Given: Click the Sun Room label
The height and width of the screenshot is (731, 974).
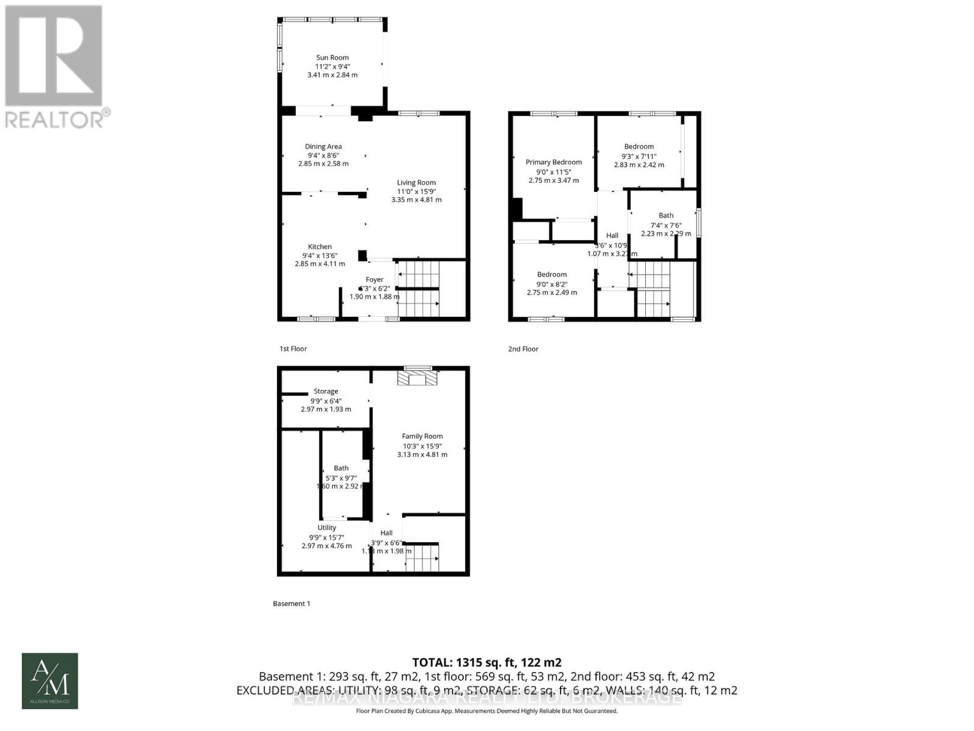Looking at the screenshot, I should click(332, 58).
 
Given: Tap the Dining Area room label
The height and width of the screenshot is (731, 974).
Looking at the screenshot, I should click(323, 146).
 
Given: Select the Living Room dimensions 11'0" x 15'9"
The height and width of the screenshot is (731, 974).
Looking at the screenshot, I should click(416, 191).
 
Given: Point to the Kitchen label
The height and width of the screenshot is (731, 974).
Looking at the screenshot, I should click(320, 247).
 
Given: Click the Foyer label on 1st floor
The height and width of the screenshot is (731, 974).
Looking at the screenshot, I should click(374, 280).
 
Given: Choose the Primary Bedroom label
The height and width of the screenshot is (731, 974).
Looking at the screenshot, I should click(553, 162).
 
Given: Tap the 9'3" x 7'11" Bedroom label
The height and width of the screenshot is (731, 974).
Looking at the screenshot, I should click(639, 147).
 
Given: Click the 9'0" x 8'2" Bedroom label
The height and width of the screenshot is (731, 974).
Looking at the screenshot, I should click(552, 275).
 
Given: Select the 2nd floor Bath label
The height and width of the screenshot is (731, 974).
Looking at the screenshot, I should click(666, 215).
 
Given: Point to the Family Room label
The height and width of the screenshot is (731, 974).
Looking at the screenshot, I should click(422, 436).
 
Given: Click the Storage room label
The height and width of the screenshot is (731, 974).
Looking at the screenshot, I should click(326, 391).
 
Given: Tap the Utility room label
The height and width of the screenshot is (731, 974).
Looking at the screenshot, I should click(327, 528).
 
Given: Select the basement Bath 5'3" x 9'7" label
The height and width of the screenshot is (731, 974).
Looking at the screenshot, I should click(341, 468).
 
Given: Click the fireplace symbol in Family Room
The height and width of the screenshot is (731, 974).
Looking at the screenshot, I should click(417, 379).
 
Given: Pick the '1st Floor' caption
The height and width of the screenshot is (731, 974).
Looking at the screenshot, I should click(293, 349).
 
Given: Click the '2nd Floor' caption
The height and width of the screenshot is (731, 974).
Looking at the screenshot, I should click(524, 349).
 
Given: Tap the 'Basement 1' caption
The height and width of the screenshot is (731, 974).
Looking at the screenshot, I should click(292, 604).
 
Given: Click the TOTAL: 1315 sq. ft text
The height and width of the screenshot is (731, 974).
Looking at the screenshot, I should click(486, 662).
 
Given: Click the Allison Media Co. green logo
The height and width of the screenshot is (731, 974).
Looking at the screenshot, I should click(50, 681).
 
